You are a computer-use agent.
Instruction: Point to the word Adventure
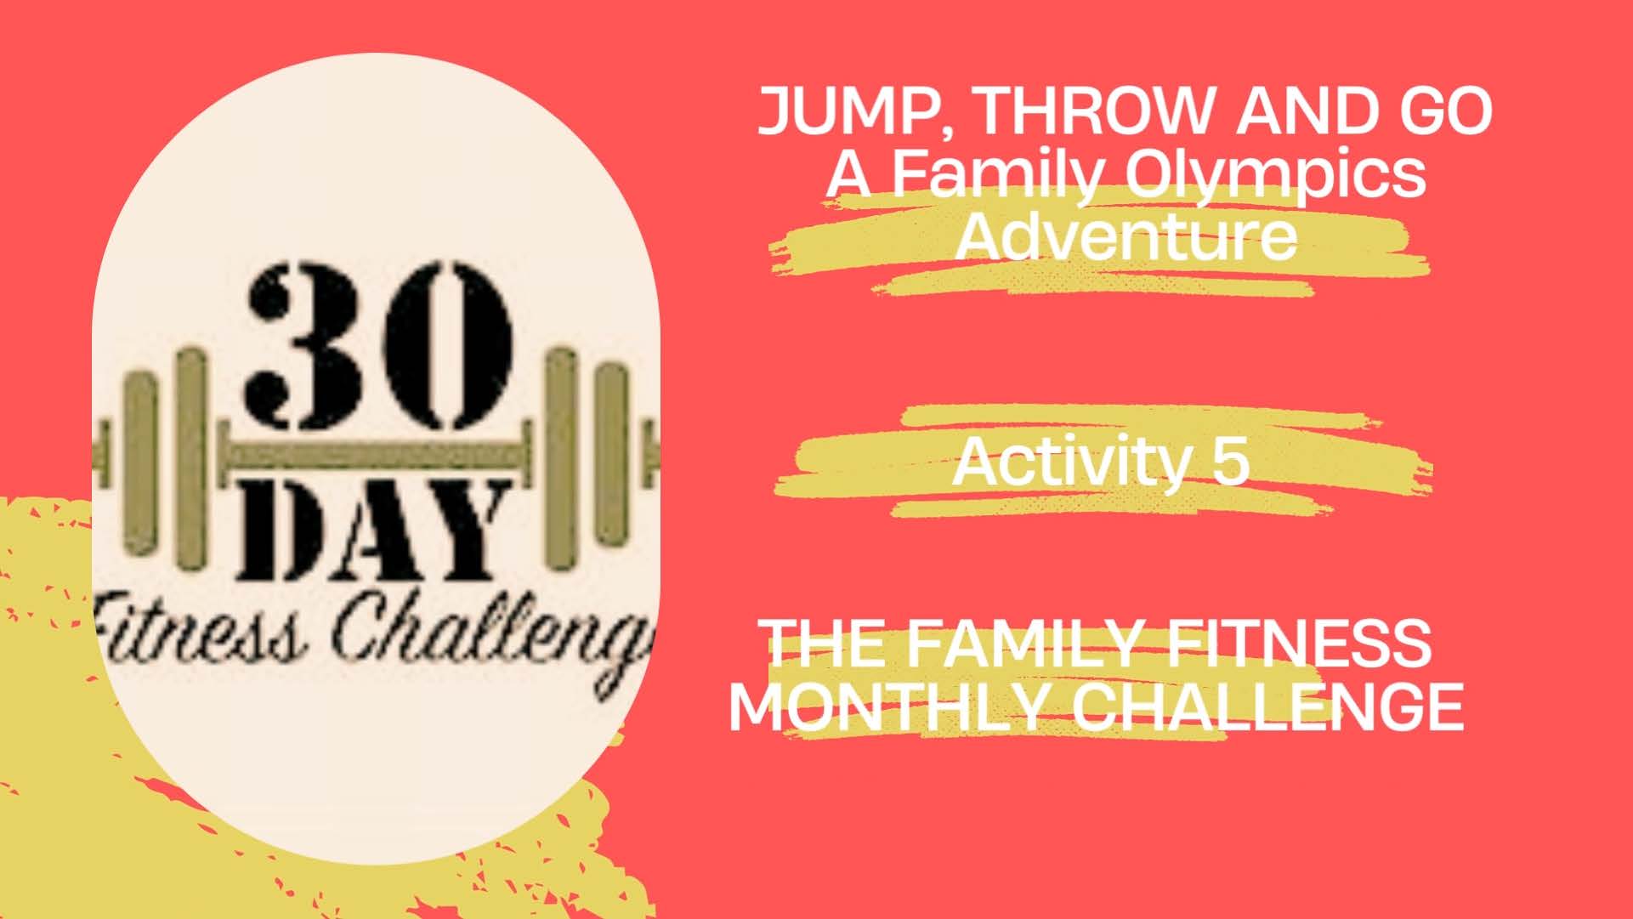(1127, 235)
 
